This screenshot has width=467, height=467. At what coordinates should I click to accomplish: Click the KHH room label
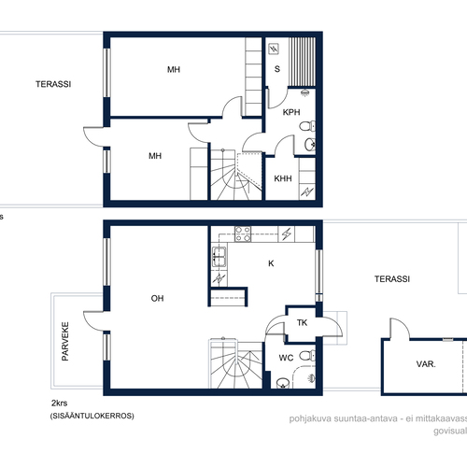click(x=283, y=178)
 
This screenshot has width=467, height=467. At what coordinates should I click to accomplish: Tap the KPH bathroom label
click(x=291, y=112)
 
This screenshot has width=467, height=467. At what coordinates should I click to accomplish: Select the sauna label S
click(x=277, y=69)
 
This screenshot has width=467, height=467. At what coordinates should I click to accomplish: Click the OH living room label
click(x=157, y=298)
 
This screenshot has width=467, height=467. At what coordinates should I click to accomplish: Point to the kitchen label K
click(x=271, y=263)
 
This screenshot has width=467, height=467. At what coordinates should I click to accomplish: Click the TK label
click(x=302, y=322)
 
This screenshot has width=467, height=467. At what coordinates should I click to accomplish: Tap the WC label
click(x=286, y=358)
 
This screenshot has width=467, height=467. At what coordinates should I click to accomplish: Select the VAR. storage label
click(x=426, y=364)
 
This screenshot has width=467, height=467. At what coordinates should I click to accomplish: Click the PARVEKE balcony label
click(x=65, y=341)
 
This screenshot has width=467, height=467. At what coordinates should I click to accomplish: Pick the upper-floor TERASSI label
click(x=53, y=84)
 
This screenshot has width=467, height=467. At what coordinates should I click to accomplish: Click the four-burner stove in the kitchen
click(x=243, y=233)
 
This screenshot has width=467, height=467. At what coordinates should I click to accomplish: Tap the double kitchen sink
click(x=219, y=257)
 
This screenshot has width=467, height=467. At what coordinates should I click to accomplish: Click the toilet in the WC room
click(x=307, y=355)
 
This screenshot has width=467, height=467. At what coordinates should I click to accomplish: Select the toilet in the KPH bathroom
click(x=307, y=126)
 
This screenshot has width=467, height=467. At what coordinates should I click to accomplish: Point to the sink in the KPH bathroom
click(x=310, y=145)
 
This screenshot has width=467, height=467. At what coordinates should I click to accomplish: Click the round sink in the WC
click(x=283, y=383)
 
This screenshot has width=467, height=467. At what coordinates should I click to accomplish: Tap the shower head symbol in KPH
click(x=304, y=92)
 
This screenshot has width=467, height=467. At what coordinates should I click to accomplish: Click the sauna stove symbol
click(x=274, y=49)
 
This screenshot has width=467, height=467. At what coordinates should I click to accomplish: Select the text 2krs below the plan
click(x=59, y=403)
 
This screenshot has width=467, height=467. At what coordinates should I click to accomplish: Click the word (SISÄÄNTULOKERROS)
click(x=92, y=416)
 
